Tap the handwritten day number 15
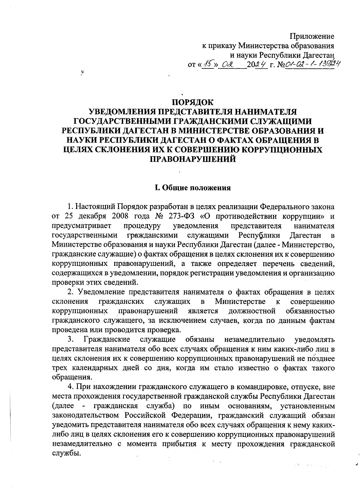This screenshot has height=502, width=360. tap(207, 64)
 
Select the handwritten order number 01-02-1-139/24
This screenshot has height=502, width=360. tap(310, 64)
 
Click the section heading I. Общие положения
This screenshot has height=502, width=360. tap(192, 188)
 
